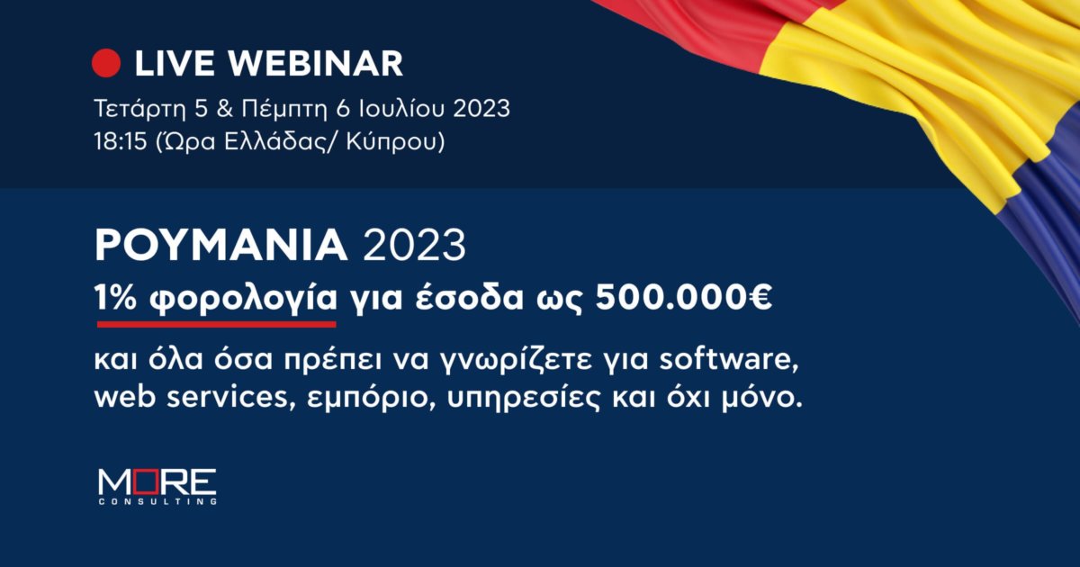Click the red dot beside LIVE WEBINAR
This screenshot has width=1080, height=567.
[x=106, y=63]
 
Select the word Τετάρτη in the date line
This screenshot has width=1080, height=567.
[x=139, y=110]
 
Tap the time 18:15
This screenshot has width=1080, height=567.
[x=121, y=142]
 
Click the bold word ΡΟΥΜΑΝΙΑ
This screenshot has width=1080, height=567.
[x=220, y=246]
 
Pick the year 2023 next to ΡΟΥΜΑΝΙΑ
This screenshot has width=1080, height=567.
[x=415, y=246]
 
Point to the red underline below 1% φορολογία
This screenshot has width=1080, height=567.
[x=217, y=325]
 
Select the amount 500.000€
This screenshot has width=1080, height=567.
[x=684, y=299]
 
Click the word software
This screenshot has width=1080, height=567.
[x=728, y=361]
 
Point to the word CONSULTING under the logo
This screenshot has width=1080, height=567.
[x=157, y=502]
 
